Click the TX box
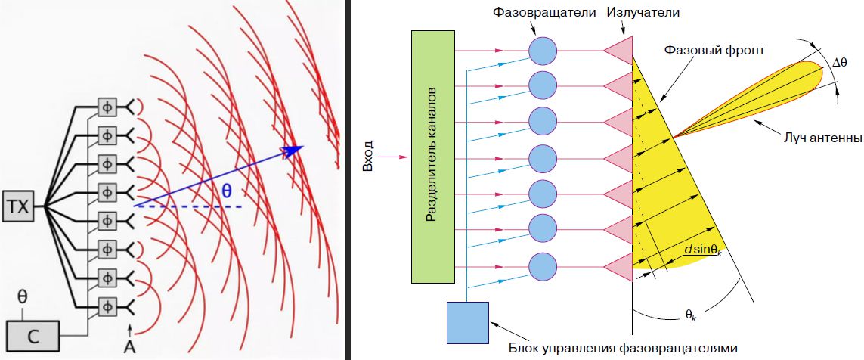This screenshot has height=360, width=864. (18, 206)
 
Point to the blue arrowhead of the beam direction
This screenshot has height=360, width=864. (295, 150)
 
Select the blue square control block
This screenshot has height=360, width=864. (468, 322)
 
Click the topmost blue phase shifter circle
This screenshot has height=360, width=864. (543, 50)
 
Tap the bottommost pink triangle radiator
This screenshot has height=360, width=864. (619, 266)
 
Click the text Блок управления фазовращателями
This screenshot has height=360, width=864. (622, 347)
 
